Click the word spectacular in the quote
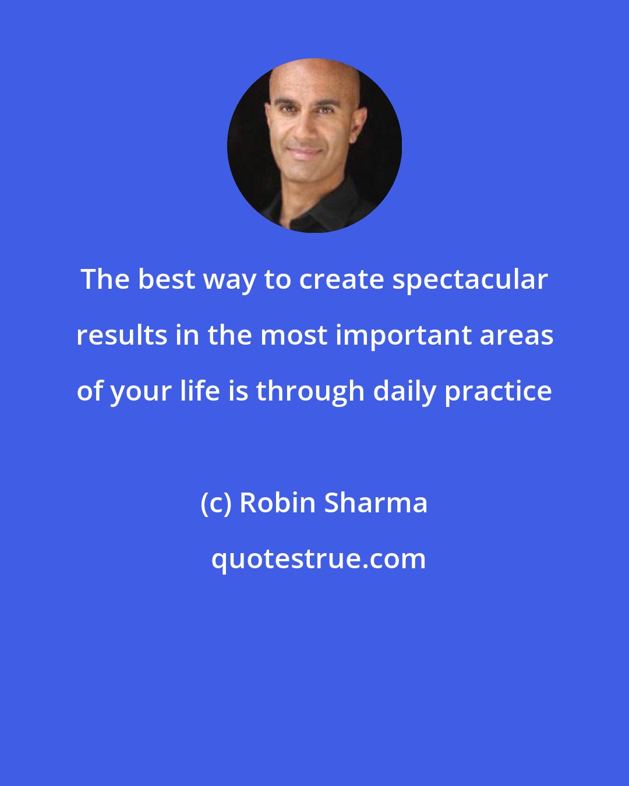[x=470, y=280]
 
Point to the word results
[x=122, y=336]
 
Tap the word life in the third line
[x=200, y=391]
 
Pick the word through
[x=311, y=391]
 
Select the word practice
[x=499, y=391]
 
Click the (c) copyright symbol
[x=215, y=503]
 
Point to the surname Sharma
[x=376, y=503]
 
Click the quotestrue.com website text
[x=318, y=559]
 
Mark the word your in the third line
[x=142, y=391]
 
